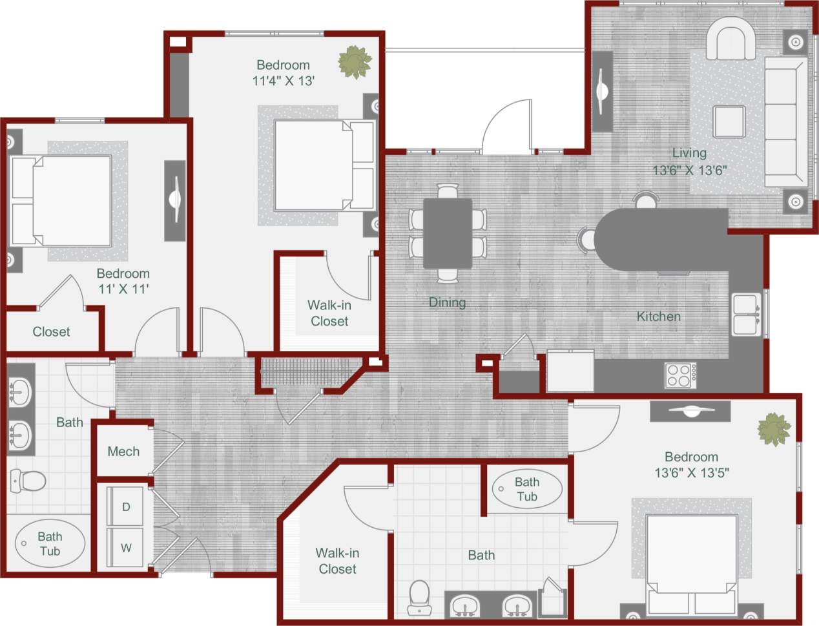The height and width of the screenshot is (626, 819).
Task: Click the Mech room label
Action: (123, 452)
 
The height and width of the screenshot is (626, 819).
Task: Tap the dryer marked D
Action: (126, 507)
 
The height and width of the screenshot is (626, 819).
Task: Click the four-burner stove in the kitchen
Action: (681, 375)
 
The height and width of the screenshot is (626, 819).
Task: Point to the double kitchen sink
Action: (746, 315)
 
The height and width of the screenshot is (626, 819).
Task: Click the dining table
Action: (448, 233)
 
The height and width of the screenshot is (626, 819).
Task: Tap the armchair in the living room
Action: (731, 39)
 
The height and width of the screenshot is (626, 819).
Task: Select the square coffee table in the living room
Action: (729, 121)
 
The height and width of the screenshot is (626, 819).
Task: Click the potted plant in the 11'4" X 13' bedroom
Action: (355, 62)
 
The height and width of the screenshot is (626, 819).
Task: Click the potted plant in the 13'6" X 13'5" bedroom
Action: (774, 429)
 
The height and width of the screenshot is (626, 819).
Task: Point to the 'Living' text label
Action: (689, 153)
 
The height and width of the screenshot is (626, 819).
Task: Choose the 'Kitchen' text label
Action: (658, 317)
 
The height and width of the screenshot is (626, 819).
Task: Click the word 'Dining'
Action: (447, 302)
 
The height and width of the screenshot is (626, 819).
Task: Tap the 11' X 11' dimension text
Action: (123, 289)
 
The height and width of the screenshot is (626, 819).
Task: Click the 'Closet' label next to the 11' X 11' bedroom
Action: (51, 332)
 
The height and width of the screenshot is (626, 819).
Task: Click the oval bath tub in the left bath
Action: (50, 544)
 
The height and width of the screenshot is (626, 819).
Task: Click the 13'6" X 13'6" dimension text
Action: (690, 171)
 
